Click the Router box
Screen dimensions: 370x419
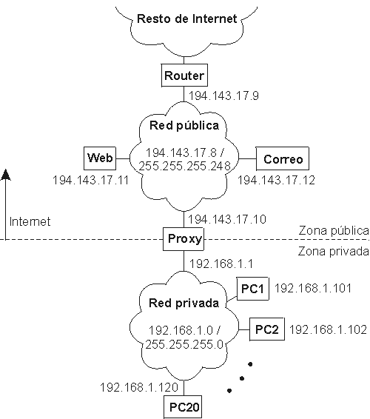coord(184,75)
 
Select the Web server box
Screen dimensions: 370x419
coord(100,158)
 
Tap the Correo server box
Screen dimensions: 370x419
coord(283,158)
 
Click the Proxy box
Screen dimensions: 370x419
coord(184,239)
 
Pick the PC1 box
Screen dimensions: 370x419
coord(253,289)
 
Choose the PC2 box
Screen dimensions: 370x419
coord(267,329)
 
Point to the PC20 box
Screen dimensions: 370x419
coord(183,407)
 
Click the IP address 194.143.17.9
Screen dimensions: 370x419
coord(224,95)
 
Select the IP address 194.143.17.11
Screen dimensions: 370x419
coord(91,180)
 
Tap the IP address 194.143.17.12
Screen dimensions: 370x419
coord(277,180)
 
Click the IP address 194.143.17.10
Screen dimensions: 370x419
coord(227,219)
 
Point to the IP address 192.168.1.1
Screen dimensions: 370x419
coord(221,264)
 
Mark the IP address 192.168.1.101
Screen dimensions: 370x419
coord(313,288)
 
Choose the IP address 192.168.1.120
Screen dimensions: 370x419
coord(139,387)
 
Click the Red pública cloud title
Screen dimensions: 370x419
coord(184,125)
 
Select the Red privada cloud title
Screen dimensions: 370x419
coord(184,303)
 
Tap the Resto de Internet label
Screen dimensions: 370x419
coord(187,19)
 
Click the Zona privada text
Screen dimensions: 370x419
coord(334,252)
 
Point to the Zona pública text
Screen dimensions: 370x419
coord(334,230)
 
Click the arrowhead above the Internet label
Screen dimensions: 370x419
coord(6,175)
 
